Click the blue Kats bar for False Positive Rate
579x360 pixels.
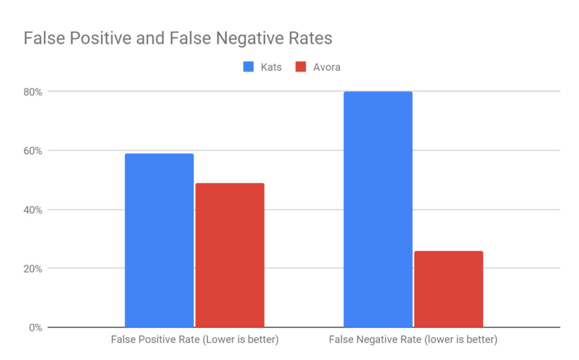pos(159,240)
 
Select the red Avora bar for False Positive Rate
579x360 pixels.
pos(230,255)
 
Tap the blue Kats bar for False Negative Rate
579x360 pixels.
pos(378,209)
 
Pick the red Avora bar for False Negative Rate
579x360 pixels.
pos(449,289)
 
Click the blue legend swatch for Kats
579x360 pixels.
pos(248,67)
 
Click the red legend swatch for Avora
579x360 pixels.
pos(301,67)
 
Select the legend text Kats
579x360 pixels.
pos(271,67)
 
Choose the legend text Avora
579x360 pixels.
pos(326,67)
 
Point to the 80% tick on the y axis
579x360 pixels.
pos(33,92)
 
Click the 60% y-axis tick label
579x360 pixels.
pos(33,151)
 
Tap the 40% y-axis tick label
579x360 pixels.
pos(33,210)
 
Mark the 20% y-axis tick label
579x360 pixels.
pos(33,269)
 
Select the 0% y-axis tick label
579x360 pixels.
pos(35,328)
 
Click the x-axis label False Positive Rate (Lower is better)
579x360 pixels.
pos(195,339)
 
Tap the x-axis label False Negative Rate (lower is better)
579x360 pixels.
pos(413,339)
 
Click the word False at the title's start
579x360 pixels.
pos(43,38)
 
